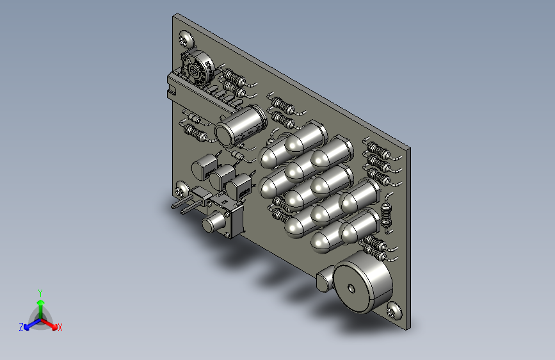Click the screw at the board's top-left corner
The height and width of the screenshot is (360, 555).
coord(186,39)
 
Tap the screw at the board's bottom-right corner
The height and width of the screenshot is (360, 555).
coord(394,311)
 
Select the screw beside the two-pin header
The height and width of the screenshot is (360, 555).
coord(182,189)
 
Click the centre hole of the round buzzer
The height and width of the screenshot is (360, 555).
coord(351,288)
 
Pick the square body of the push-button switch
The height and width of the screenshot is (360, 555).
coord(229,215)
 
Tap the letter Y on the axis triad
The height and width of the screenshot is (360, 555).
coord(40,293)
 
